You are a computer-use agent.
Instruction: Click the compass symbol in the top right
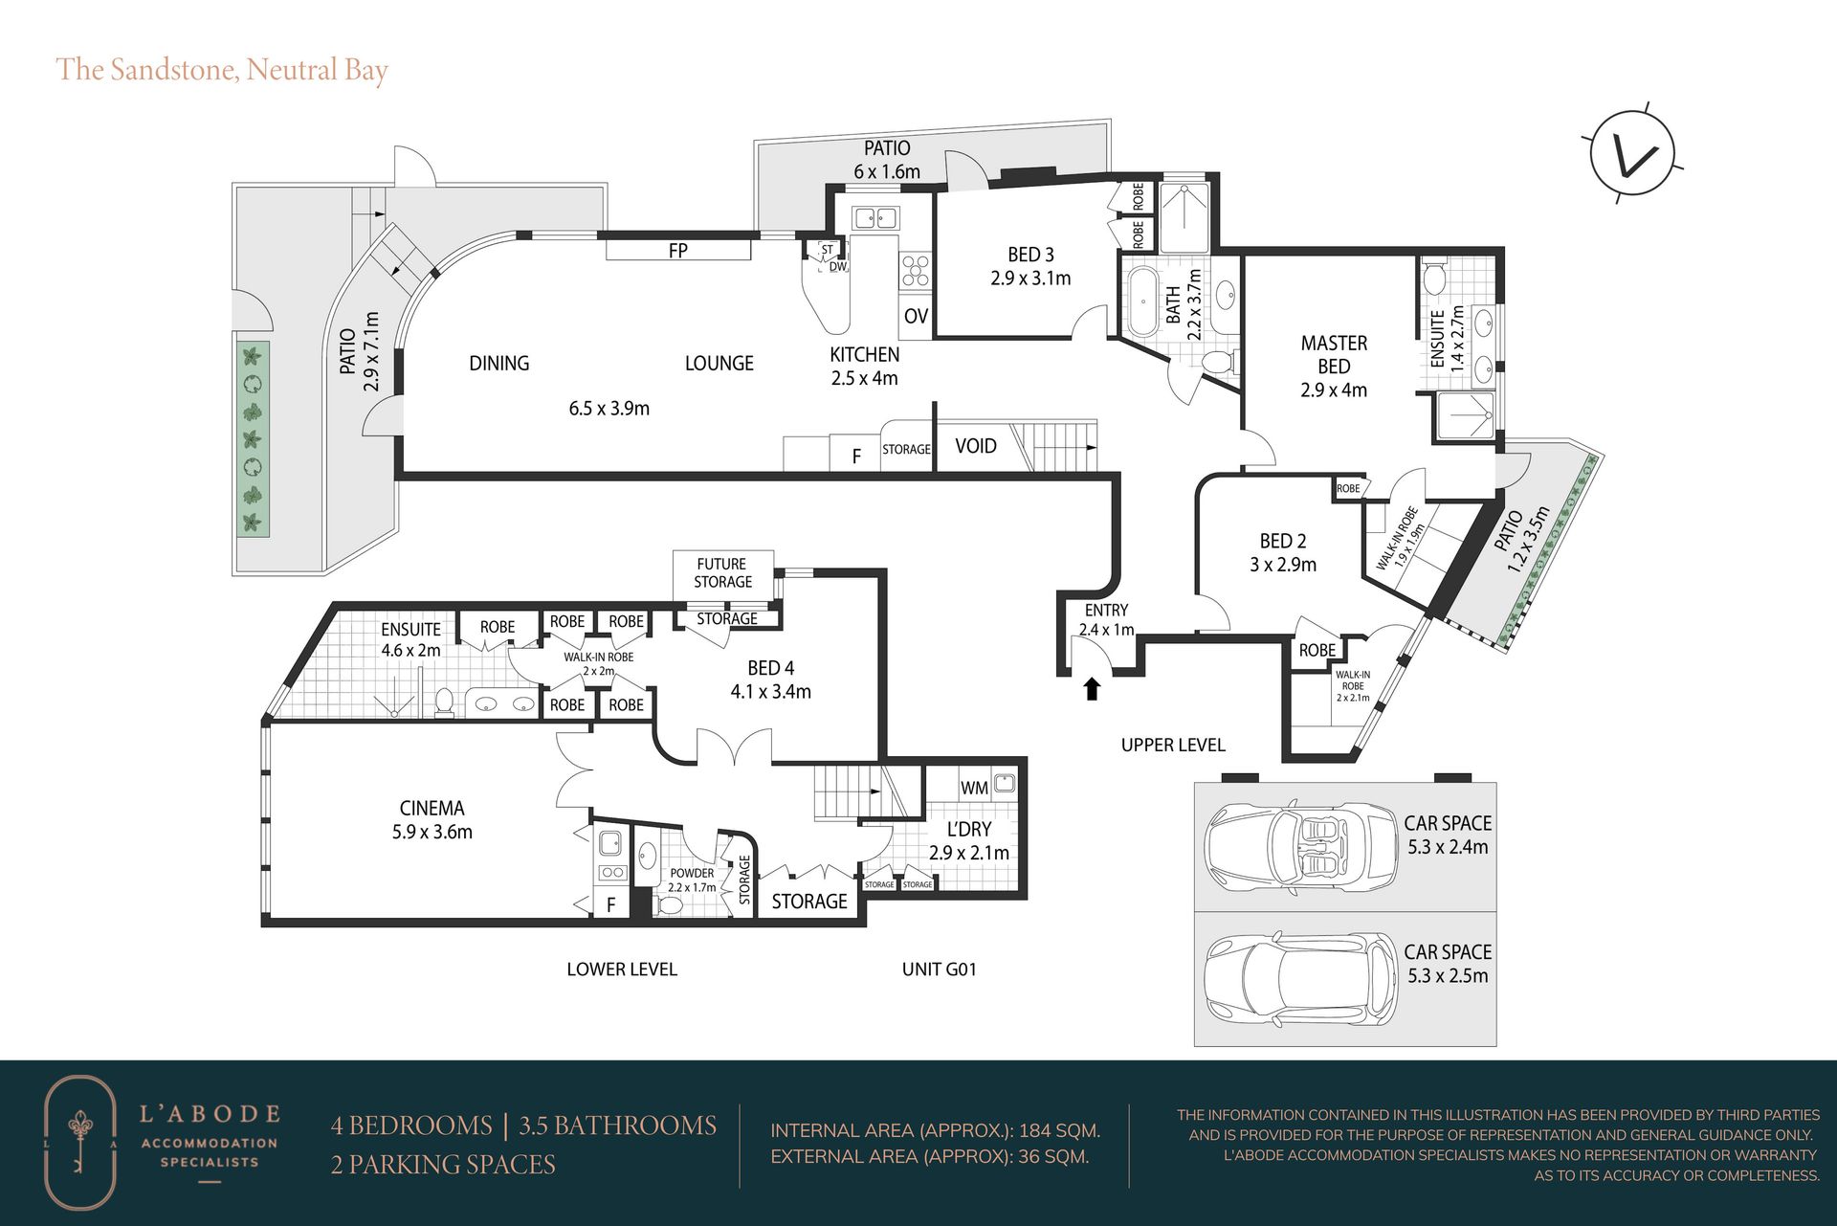[1632, 153]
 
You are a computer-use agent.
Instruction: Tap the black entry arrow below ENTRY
[1091, 689]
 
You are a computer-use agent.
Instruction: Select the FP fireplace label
[677, 251]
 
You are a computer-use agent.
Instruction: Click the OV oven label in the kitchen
[916, 316]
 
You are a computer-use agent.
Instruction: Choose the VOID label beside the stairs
[975, 446]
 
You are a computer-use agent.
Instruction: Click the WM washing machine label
[974, 788]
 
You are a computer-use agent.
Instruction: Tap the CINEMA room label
[432, 808]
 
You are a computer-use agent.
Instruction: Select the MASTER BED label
[1334, 354]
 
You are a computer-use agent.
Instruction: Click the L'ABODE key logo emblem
[80, 1142]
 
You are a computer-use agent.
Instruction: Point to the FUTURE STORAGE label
[722, 573]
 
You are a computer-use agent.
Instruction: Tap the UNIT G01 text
[939, 969]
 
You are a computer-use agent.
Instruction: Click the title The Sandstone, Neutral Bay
[222, 70]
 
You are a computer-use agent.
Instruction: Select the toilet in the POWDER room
[671, 904]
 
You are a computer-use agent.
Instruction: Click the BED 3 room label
[1030, 255]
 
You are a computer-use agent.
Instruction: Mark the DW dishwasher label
[838, 266]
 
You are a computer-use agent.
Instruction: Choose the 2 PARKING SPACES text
[443, 1164]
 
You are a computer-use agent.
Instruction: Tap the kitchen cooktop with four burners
[915, 271]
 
